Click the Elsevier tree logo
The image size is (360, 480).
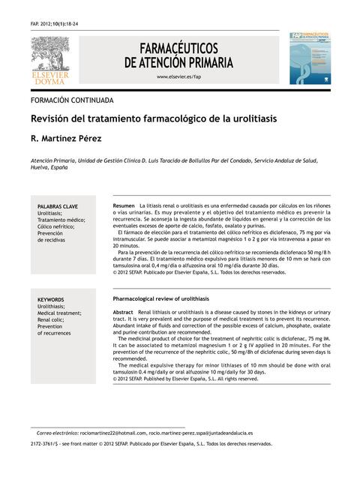[x=49, y=53]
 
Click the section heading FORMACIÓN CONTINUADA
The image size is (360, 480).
[x=72, y=99]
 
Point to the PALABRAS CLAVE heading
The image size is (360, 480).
[x=58, y=206]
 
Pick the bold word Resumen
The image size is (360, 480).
[x=123, y=205]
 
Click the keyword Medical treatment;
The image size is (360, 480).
[x=59, y=313]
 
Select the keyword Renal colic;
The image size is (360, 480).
[x=53, y=320]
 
